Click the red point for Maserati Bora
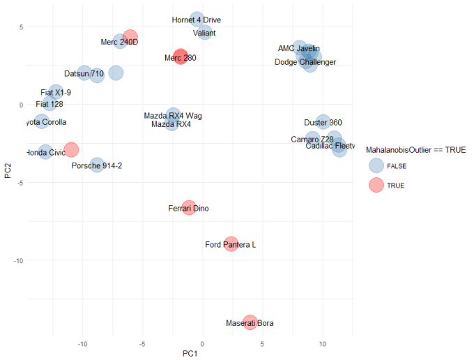[250, 323]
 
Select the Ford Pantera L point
[231, 244]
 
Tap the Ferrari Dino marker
[189, 208]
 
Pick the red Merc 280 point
[181, 57]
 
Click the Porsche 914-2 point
[97, 165]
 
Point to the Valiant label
[204, 33]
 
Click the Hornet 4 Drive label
[196, 20]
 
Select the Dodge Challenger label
[305, 62]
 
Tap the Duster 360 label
[323, 123]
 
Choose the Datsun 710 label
[84, 73]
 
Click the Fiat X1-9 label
[56, 92]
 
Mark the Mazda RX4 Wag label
[173, 115]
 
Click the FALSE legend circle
[376, 166]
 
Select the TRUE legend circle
[376, 185]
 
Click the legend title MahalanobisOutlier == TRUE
[415, 149]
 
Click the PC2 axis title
[7, 170]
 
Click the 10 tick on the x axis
[322, 344]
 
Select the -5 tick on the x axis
[142, 344]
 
